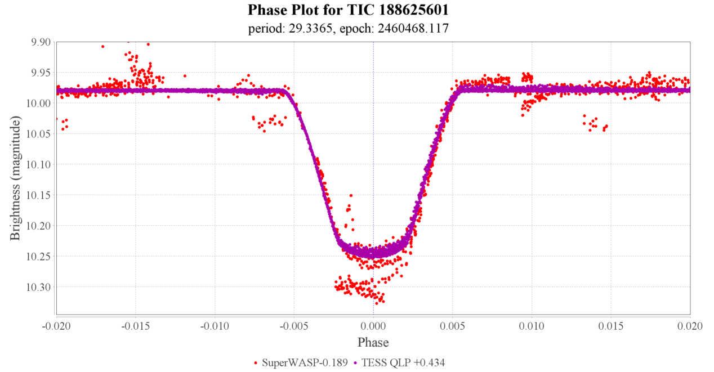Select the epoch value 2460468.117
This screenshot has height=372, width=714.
click(x=414, y=28)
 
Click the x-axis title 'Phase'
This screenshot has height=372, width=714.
click(x=373, y=342)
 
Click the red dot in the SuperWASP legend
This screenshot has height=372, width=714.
click(x=257, y=364)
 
